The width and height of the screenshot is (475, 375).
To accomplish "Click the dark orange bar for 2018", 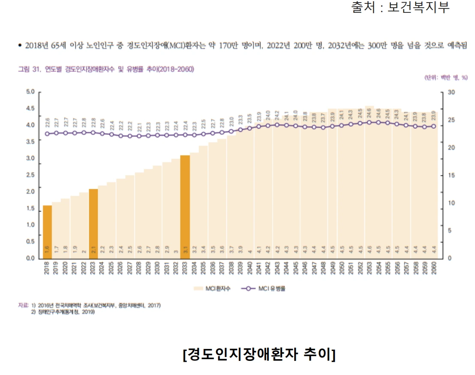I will tap(47, 232).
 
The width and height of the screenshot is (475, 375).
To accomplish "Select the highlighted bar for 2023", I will tap(93, 223).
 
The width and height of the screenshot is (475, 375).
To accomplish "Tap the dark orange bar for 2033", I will tap(185, 206).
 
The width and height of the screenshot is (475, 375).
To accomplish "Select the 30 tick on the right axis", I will tap(451, 92).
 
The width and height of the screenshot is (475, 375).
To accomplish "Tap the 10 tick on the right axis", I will tap(451, 203).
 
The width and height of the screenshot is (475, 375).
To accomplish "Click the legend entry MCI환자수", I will tap(213, 289).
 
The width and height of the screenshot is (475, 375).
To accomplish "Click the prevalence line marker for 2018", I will tap(47, 134).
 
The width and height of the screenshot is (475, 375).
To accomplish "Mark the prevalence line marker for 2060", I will tap(433, 126).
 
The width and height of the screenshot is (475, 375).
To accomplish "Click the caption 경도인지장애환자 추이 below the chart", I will tap(259, 354).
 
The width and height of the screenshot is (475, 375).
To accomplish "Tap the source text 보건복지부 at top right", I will tap(418, 7).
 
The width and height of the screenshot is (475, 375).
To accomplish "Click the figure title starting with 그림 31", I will tap(105, 69).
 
